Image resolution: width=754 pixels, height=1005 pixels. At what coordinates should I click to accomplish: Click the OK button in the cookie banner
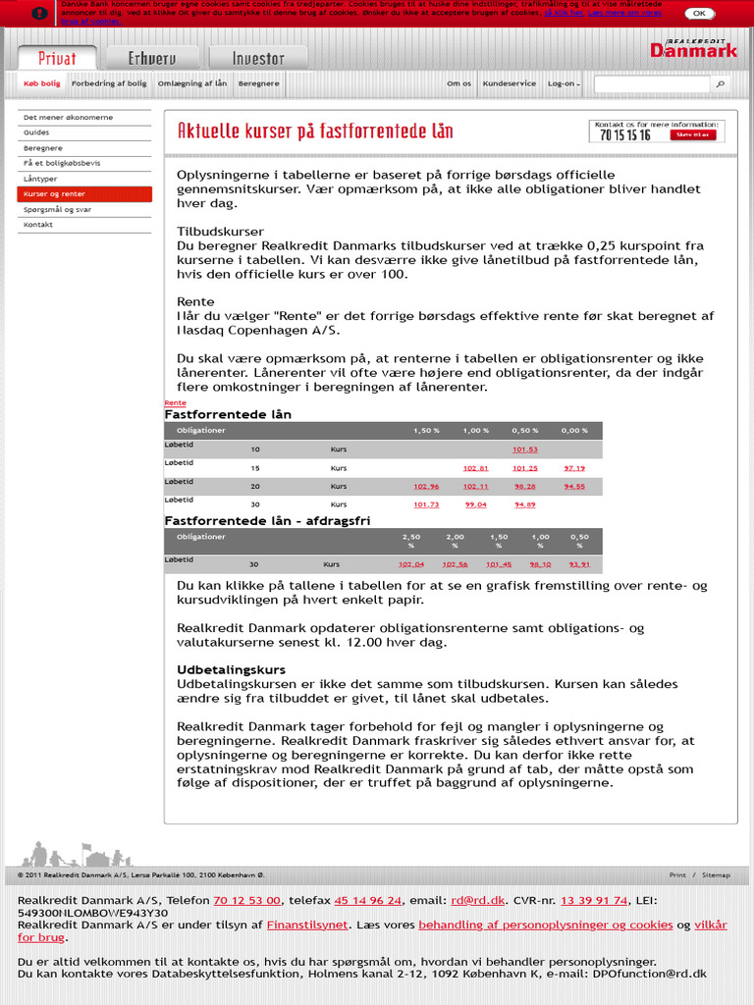click(x=699, y=14)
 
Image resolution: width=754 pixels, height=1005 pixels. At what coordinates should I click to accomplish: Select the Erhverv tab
click(x=152, y=58)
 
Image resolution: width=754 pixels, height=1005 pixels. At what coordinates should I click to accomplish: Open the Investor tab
click(x=249, y=58)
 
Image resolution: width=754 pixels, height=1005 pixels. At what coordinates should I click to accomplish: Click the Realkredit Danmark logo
click(x=693, y=48)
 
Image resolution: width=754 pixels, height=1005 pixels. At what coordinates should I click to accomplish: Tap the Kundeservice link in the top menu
click(x=510, y=83)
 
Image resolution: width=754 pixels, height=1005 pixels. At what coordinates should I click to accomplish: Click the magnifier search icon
click(x=721, y=84)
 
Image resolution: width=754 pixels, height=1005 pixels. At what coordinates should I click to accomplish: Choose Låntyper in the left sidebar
click(x=40, y=179)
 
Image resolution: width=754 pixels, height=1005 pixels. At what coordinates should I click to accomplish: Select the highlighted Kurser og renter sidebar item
click(x=84, y=194)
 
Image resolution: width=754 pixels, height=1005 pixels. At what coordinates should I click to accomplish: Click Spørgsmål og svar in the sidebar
click(x=57, y=209)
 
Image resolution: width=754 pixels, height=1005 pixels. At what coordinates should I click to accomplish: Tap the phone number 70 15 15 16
click(x=624, y=135)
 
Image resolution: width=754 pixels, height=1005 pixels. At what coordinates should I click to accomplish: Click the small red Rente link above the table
click(x=175, y=403)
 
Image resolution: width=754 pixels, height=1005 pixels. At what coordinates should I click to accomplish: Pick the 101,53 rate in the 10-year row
click(x=525, y=450)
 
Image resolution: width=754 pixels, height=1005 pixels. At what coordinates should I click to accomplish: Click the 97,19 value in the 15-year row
click(x=574, y=468)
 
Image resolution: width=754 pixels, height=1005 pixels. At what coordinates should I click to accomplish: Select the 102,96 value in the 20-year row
click(x=426, y=486)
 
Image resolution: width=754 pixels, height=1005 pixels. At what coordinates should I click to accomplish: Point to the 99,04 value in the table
click(x=476, y=504)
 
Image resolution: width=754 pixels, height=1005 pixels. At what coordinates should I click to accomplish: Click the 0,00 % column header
click(x=574, y=431)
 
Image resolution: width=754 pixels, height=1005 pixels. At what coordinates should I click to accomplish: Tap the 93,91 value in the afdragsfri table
click(x=579, y=564)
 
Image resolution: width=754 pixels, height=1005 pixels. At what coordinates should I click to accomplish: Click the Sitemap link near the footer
click(x=716, y=874)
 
